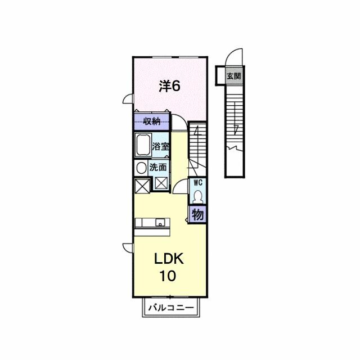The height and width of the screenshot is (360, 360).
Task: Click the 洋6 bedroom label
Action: point(169,86)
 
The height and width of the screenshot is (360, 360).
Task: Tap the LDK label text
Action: point(169,259)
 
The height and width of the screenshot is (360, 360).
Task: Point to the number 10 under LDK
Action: point(168,276)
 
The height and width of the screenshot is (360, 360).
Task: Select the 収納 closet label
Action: point(152,121)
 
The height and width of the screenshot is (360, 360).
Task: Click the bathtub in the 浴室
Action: point(142,145)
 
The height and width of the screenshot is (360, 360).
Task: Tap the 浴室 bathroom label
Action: point(161,146)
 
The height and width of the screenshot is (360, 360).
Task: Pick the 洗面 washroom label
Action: point(158,167)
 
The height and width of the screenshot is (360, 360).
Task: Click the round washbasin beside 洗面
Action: point(141,168)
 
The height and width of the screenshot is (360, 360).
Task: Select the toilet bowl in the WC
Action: point(197,197)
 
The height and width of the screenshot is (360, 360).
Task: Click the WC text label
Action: point(198,183)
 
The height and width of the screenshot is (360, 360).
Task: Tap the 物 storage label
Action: point(197,215)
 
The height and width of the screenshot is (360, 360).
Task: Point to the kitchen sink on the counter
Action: point(160,223)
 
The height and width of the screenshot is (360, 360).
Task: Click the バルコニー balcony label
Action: point(171,308)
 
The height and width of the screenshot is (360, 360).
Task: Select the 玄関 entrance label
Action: point(234,76)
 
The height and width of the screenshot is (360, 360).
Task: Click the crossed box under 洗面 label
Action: point(161,184)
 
